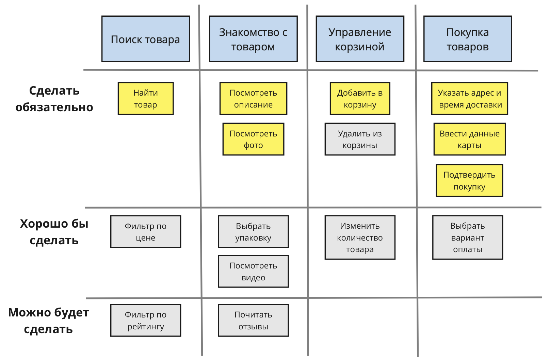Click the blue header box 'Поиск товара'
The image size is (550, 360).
click(146, 39)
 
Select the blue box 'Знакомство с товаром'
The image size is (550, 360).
click(253, 39)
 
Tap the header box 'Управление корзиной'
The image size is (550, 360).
click(360, 39)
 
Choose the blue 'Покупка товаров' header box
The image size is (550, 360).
click(468, 39)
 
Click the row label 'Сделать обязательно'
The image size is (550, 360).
click(54, 99)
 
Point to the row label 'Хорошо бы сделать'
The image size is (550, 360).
click(54, 232)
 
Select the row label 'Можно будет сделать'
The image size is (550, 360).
click(48, 321)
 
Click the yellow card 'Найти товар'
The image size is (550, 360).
click(146, 98)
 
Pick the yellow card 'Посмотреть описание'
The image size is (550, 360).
click(253, 98)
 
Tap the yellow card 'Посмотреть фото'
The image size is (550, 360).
click(253, 139)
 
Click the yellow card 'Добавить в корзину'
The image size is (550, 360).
click(360, 98)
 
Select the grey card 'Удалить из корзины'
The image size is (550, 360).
click(360, 139)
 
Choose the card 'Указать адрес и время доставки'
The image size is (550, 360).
click(469, 98)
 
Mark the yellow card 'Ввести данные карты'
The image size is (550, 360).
click(469, 139)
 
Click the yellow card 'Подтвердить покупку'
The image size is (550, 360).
click(469, 180)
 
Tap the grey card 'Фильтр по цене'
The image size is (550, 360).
click(146, 232)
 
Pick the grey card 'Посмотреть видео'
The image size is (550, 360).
click(253, 271)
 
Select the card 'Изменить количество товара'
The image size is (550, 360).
click(360, 237)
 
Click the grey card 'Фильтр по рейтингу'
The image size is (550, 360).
click(146, 320)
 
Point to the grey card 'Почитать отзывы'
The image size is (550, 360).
click(253, 320)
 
